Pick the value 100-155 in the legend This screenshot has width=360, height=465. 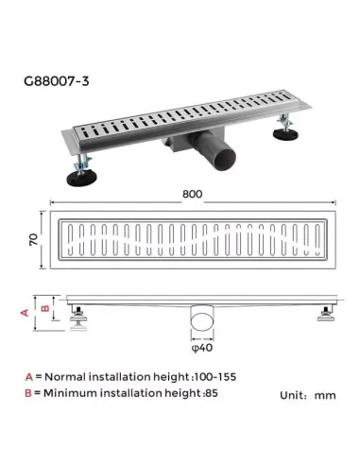click(214, 376)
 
